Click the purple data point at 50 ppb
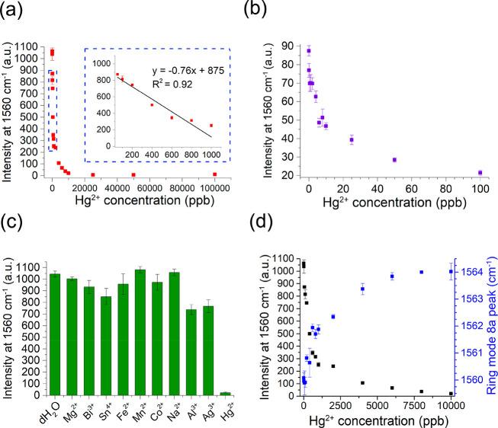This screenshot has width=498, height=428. (x=394, y=160)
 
